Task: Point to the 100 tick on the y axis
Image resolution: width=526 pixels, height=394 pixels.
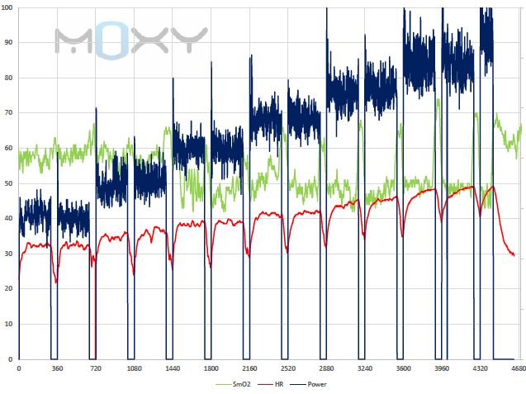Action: tap(8, 7)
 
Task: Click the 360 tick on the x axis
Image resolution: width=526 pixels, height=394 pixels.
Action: tap(56, 368)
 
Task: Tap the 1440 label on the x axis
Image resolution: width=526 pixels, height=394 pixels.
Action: tap(172, 368)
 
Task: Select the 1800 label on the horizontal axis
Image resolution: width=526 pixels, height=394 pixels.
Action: tap(211, 368)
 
